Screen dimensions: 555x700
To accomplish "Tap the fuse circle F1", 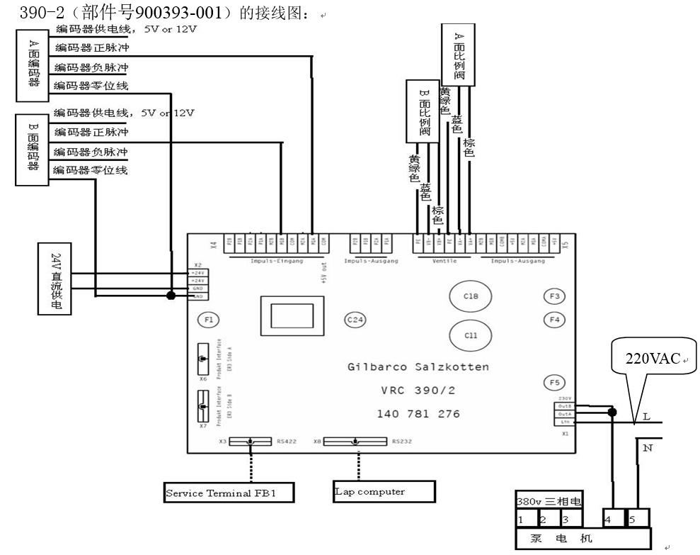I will click(209, 320).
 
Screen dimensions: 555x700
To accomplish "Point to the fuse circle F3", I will click(555, 296).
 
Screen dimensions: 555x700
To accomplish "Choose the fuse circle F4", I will click(555, 320).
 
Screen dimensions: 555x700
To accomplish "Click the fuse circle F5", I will click(555, 382).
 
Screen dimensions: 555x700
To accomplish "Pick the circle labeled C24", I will click(355, 320).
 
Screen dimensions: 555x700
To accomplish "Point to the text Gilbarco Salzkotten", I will click(418, 367).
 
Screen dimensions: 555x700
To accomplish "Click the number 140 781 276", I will click(418, 413).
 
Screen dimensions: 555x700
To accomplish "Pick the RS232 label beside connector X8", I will click(403, 442).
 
